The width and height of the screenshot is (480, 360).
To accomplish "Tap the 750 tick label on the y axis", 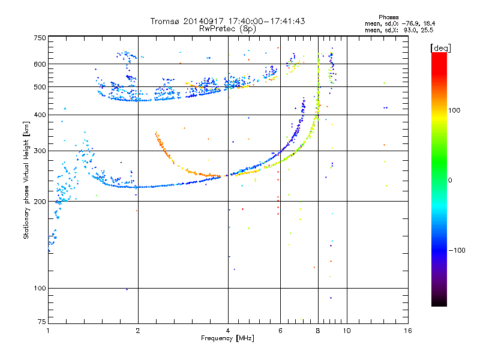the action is pyautogui.click(x=40, y=38).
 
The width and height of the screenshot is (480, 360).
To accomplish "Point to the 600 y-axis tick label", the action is pyautogui.click(x=40, y=64).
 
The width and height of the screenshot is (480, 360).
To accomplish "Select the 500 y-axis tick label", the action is pyautogui.click(x=40, y=87).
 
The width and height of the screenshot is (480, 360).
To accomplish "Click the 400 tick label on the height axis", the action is pyautogui.click(x=40, y=115).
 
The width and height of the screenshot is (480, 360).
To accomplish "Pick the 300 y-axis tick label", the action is pyautogui.click(x=40, y=151).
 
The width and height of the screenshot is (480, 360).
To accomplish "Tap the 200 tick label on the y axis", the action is pyautogui.click(x=40, y=202).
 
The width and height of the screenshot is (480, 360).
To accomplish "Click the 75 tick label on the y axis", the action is pyautogui.click(x=42, y=322).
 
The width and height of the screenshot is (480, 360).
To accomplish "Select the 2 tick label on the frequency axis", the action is pyautogui.click(x=138, y=331).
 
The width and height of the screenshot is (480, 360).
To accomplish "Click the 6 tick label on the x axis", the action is pyautogui.click(x=280, y=331).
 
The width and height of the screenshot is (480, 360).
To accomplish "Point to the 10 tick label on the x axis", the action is pyautogui.click(x=347, y=331).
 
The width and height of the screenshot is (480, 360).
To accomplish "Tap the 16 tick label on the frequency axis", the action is pyautogui.click(x=408, y=331).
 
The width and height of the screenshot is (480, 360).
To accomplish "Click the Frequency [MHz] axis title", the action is pyautogui.click(x=228, y=338).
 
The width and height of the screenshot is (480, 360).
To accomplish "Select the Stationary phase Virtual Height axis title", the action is pyautogui.click(x=26, y=180).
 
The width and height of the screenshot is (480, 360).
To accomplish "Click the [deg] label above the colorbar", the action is pyautogui.click(x=440, y=48).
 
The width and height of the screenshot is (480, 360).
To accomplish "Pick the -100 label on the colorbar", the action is pyautogui.click(x=457, y=250).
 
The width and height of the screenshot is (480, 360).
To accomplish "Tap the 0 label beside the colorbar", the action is pyautogui.click(x=450, y=181).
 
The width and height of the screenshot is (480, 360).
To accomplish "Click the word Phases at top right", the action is pyautogui.click(x=388, y=17).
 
